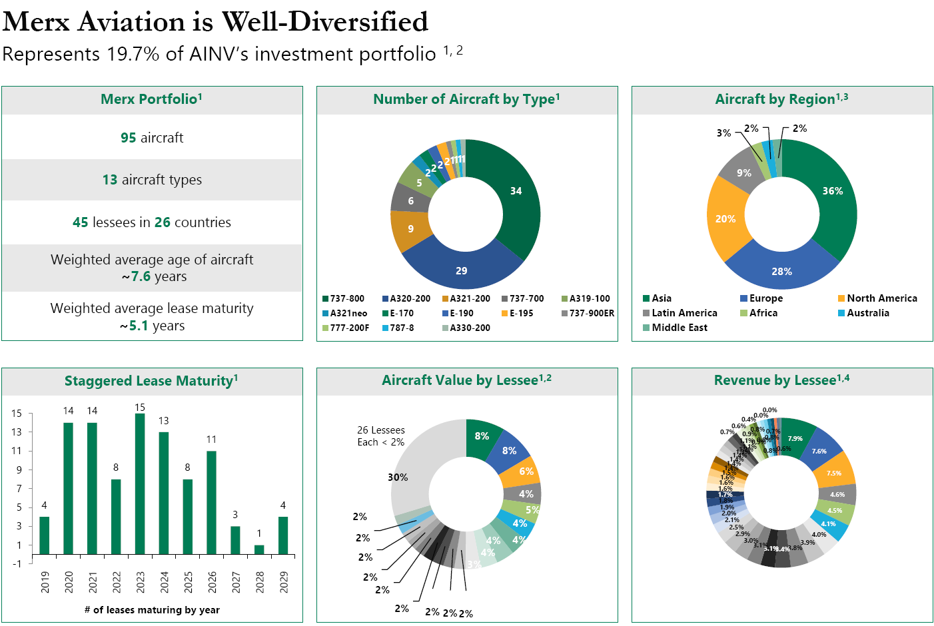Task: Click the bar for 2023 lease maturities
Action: tap(140, 484)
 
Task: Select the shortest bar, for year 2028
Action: tap(259, 549)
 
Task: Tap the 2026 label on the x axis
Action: tap(212, 582)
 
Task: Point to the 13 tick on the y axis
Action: tap(17, 432)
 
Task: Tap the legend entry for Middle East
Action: tap(679, 328)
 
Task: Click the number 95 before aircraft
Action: tap(128, 138)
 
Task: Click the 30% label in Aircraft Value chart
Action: tap(398, 477)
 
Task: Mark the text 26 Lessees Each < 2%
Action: tap(380, 436)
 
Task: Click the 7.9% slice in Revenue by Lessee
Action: tap(795, 439)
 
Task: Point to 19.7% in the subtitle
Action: tap(133, 54)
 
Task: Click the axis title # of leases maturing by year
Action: tap(152, 610)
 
